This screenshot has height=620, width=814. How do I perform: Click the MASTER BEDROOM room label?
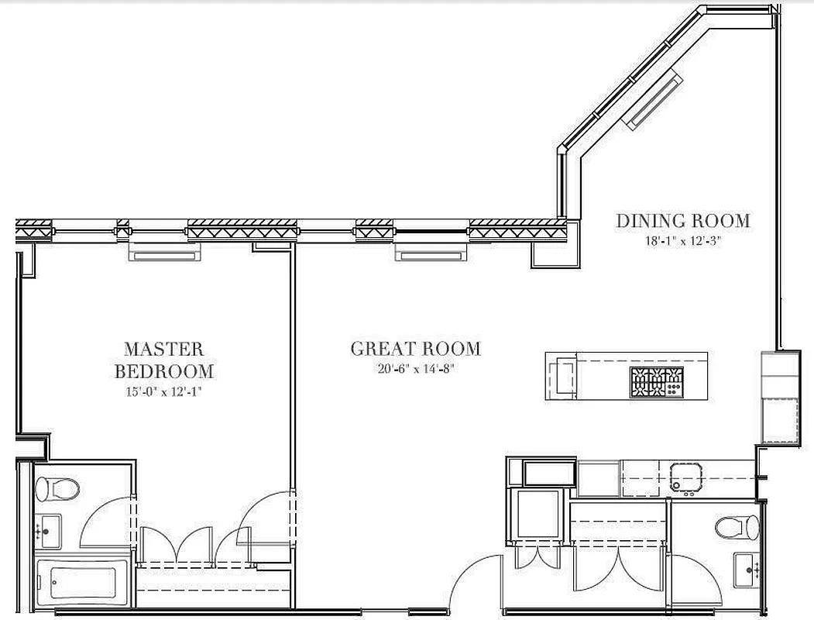(x=163, y=360)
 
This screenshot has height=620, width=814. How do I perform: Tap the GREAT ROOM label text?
(x=415, y=349)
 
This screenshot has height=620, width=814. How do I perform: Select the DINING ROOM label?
(x=682, y=221)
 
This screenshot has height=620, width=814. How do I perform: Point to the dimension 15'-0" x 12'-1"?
(x=163, y=391)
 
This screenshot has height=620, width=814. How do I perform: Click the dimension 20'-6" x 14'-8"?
(x=415, y=369)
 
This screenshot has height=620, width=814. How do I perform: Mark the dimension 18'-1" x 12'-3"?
(x=682, y=240)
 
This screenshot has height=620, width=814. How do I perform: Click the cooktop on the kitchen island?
(x=657, y=382)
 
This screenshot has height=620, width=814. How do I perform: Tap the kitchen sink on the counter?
(x=686, y=477)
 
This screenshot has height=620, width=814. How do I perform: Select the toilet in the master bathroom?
(x=58, y=488)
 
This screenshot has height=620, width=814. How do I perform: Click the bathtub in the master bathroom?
(x=77, y=580)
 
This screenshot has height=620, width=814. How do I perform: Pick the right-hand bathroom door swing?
(x=697, y=577)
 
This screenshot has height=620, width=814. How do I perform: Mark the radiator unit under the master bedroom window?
(x=164, y=253)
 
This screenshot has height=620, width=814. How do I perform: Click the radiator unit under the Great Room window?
(x=431, y=253)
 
